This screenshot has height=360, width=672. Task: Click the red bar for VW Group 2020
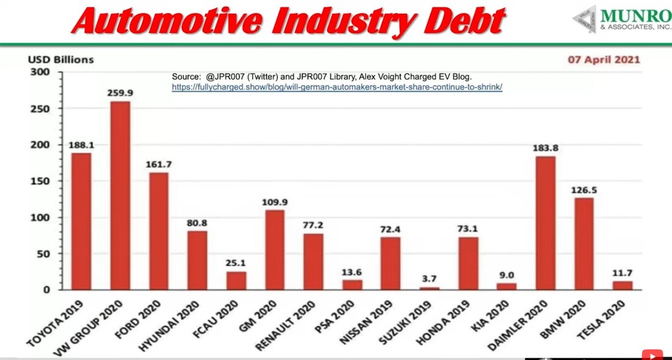click(x=120, y=196)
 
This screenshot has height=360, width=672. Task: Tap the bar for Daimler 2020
click(x=546, y=223)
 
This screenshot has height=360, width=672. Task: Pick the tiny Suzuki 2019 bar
click(x=429, y=288)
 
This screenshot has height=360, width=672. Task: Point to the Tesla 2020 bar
click(x=623, y=285)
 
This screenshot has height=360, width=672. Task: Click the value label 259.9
click(x=120, y=94)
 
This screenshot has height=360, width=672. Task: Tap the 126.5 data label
click(x=584, y=190)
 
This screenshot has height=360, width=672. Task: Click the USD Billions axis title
click(x=60, y=60)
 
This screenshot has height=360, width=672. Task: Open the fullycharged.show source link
click(x=337, y=87)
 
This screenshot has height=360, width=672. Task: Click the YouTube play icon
click(x=652, y=354)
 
